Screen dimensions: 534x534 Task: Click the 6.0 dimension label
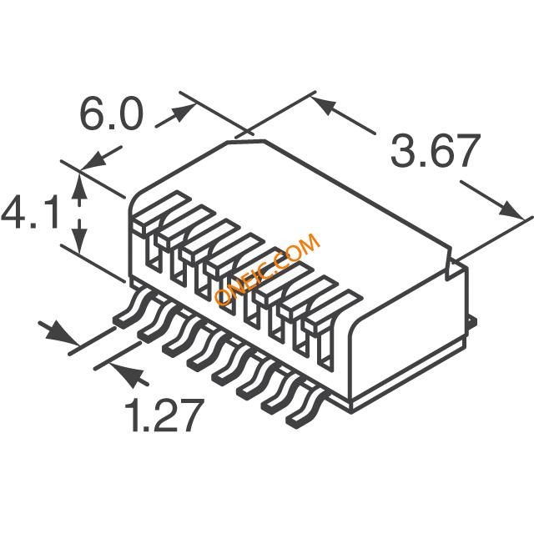click(x=111, y=113)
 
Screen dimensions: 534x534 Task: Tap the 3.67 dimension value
click(x=436, y=151)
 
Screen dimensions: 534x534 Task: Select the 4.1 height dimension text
click(x=30, y=212)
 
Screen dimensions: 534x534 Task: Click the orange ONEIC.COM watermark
click(x=267, y=270)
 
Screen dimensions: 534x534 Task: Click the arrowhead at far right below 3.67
click(x=511, y=209)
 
